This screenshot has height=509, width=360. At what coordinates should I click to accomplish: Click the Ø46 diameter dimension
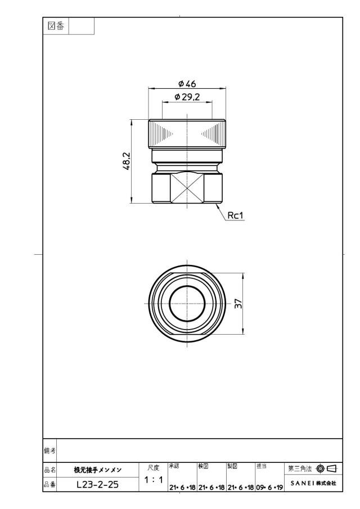point(187,84)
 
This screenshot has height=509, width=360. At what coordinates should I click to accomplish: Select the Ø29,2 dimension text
point(187,97)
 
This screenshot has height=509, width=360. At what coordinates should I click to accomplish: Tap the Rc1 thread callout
point(235,215)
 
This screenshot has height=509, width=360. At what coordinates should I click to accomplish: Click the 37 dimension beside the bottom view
point(238,304)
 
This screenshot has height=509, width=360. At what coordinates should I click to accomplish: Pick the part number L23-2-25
point(98,485)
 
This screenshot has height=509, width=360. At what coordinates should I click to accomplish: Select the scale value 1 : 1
point(154,480)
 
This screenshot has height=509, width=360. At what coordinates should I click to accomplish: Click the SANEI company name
point(302,483)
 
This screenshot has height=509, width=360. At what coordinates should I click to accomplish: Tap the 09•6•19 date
point(269,487)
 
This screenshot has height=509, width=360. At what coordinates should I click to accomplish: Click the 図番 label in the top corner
point(56,26)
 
